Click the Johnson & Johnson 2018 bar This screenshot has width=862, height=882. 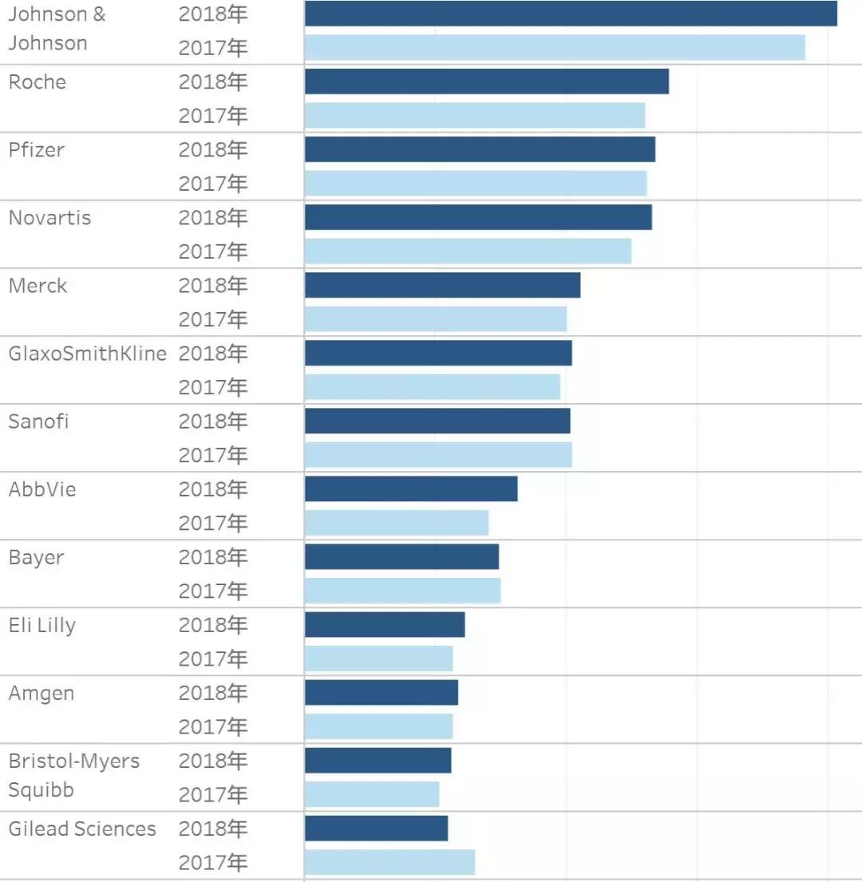571,14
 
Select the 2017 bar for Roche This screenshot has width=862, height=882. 475,116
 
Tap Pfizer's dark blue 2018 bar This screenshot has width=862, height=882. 480,149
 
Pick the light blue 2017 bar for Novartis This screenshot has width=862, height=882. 468,251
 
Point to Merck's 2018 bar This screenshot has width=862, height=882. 442,285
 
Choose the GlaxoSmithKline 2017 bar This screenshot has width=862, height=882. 433,387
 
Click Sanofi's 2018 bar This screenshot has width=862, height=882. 437,421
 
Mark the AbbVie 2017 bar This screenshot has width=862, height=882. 397,523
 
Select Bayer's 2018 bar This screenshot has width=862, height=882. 401,556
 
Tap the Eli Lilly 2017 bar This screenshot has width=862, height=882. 378,659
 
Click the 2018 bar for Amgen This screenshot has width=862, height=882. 382,692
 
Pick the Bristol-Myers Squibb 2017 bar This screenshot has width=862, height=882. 372,794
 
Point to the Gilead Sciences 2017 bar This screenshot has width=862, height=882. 389,862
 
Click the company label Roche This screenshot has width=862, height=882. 38,82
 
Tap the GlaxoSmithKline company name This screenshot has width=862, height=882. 88,354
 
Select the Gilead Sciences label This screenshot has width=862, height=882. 82,829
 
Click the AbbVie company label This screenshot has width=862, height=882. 42,489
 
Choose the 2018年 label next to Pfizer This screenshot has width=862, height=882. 213,149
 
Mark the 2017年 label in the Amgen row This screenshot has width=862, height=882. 213,726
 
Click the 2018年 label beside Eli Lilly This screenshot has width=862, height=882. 213,624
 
